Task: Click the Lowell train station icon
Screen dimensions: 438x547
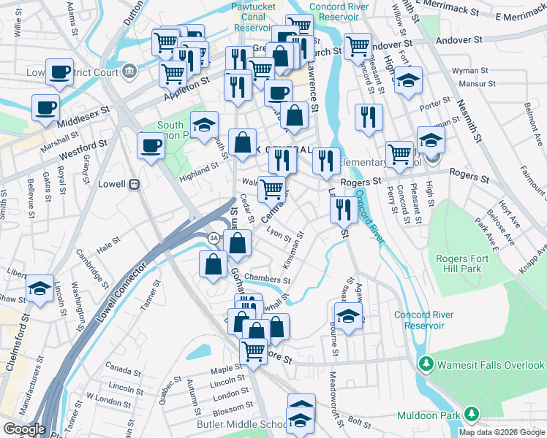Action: (134, 185)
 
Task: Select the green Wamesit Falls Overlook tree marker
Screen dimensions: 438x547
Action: (426, 364)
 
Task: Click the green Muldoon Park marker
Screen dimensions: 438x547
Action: (472, 415)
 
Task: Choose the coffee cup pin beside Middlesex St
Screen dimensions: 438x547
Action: (45, 108)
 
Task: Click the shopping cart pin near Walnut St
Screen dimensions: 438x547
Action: (271, 188)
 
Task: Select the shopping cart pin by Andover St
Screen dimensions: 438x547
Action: (357, 46)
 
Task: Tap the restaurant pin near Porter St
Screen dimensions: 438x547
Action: (369, 116)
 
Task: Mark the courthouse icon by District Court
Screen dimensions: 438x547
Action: (129, 70)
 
